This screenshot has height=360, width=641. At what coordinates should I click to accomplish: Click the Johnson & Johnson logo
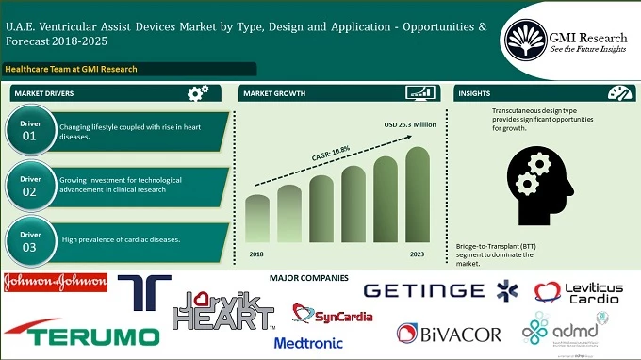[55, 282]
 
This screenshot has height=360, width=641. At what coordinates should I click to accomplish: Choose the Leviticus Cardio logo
[577, 293]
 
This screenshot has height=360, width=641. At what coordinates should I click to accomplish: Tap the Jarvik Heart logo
[222, 312]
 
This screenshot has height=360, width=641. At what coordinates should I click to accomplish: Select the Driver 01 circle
[29, 131]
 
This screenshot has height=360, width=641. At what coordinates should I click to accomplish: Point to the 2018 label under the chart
[257, 254]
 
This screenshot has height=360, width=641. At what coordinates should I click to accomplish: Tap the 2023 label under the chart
[417, 254]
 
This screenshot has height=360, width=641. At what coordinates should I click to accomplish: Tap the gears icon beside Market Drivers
[198, 93]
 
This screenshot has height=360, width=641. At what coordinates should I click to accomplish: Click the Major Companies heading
[308, 278]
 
